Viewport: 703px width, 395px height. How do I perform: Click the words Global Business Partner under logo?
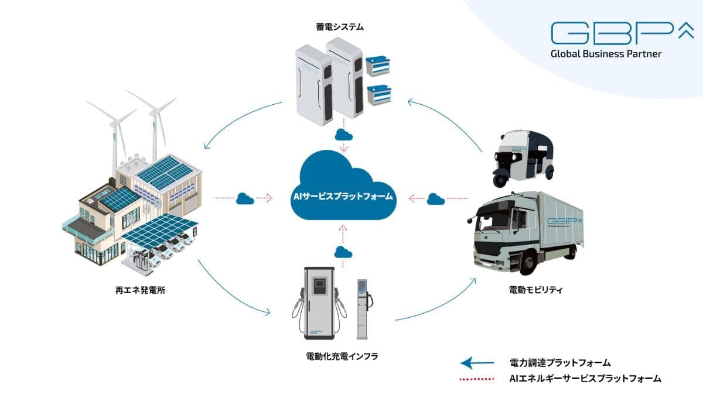click(606, 54)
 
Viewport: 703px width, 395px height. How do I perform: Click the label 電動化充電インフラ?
click(338, 355)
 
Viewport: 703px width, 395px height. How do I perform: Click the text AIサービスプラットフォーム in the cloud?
click(344, 198)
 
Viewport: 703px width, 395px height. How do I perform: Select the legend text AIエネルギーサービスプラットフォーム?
click(585, 379)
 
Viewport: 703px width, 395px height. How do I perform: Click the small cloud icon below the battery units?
click(344, 135)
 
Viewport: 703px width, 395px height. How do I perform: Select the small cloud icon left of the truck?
click(435, 199)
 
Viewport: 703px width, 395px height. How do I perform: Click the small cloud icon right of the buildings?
click(245, 199)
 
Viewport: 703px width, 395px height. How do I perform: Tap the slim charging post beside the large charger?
click(363, 307)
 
